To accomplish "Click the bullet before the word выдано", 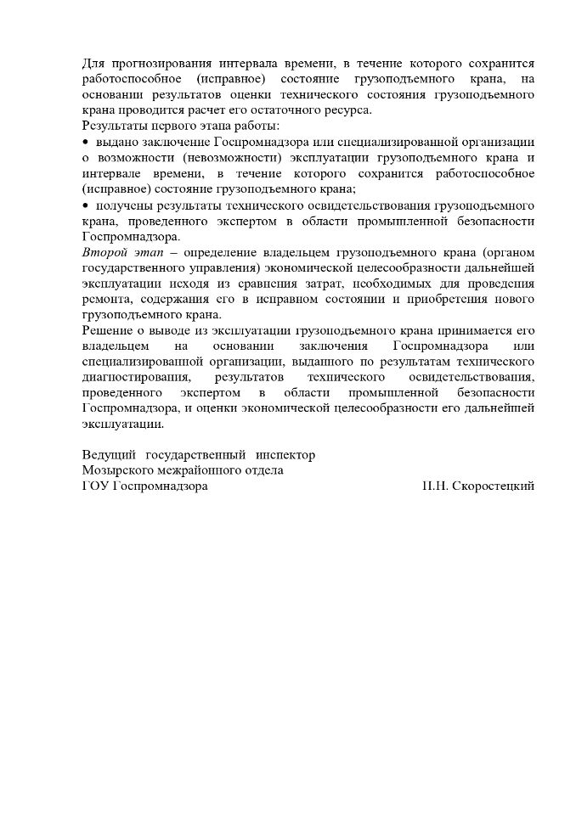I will coord(85,141).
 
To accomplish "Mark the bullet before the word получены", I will coord(85,206).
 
